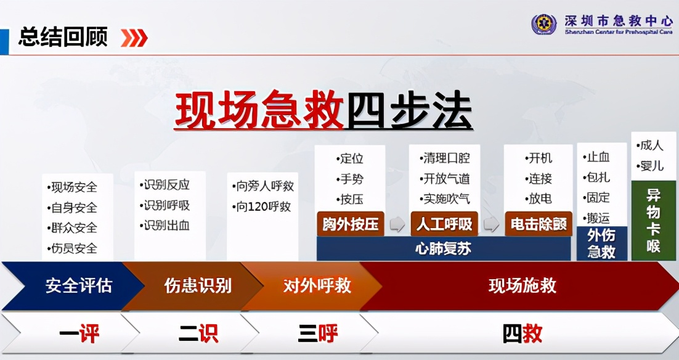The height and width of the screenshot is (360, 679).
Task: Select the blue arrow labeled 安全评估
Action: click(x=73, y=285)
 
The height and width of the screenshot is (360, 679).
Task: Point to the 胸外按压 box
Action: click(x=351, y=224)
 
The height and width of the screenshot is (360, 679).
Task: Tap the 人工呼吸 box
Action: click(x=444, y=224)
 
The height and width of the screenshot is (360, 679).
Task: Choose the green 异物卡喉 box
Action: click(x=654, y=220)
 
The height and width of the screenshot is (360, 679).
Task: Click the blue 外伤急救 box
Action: click(x=601, y=243)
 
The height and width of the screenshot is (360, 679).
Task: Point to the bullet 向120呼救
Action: click(x=264, y=207)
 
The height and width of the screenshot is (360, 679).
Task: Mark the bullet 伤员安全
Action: click(x=73, y=248)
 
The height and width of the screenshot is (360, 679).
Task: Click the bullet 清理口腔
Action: click(x=445, y=158)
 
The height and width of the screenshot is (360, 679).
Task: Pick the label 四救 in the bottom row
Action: click(x=522, y=334)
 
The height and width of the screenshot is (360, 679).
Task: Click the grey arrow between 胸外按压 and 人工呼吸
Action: click(x=397, y=224)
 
